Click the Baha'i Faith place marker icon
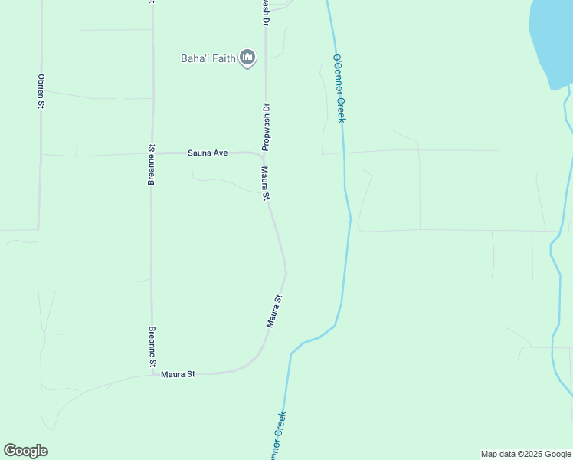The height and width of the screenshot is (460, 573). pos(247,58)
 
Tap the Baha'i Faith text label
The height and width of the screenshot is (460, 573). pos(208,58)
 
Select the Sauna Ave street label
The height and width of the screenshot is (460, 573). pos(208,153)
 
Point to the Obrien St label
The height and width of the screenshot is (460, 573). pos(40,91)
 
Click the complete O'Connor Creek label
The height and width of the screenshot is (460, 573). pos(339,88)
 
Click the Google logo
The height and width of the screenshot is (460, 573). pos(25,451)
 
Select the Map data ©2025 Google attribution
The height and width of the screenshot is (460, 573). pos(526,454)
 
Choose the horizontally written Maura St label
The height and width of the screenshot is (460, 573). pos(178,374)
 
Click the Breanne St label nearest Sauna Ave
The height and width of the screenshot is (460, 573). pos(152,165)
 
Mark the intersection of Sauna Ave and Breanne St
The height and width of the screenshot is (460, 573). pos(152,154)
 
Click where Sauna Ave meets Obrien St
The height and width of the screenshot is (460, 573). pos(40,155)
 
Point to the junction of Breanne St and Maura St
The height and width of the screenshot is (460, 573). pos(152,375)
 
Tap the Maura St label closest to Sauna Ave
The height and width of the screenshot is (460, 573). pos(265,184)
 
